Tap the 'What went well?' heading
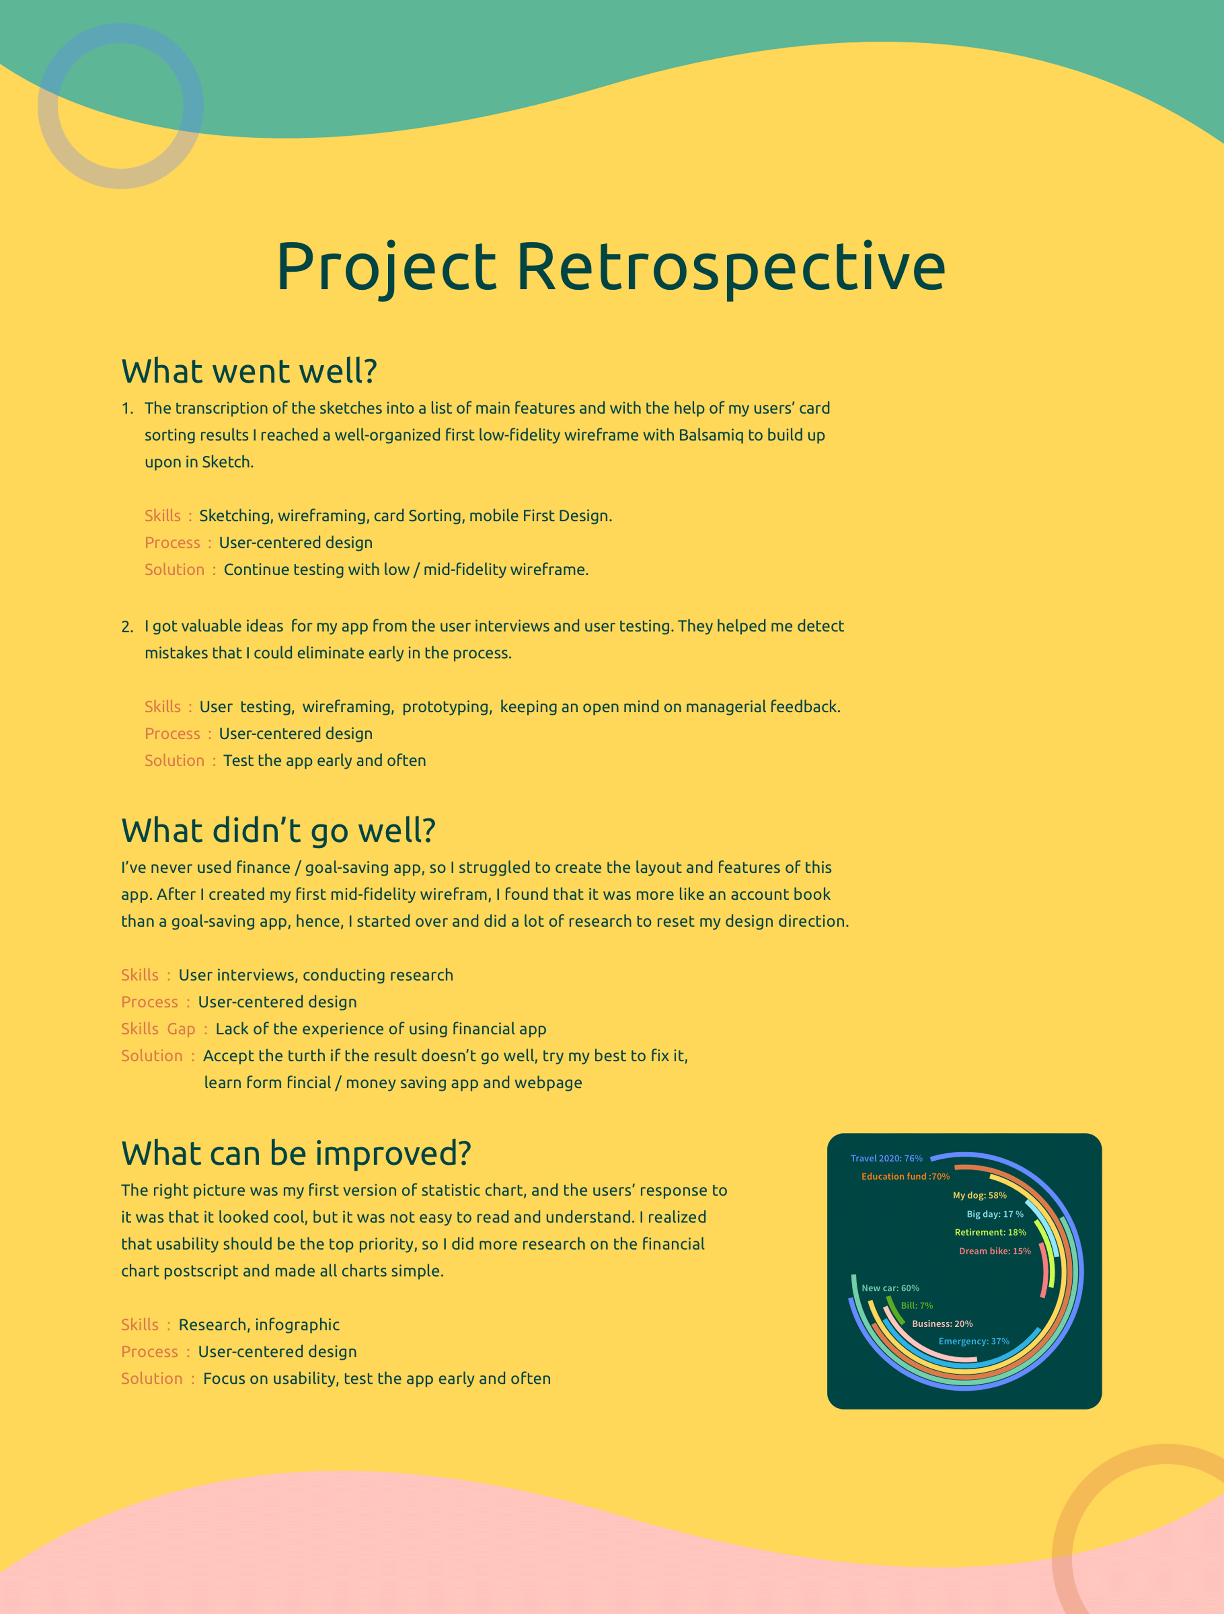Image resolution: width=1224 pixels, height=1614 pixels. coord(249,371)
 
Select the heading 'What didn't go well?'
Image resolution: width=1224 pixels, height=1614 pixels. coord(278,830)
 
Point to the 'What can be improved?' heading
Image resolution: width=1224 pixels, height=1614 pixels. coord(296,1153)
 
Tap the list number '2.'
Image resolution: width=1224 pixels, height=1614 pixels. coord(128,627)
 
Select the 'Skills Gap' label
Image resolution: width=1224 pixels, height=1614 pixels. coord(158,1029)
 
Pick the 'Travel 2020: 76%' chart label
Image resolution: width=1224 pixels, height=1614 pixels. coord(886,1158)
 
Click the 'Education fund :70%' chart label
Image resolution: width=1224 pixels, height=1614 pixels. coord(905,1176)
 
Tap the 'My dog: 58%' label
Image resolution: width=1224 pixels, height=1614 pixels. coord(980,1195)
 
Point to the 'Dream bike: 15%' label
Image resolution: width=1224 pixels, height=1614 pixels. coord(995,1251)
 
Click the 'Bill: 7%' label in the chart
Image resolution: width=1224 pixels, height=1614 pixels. coord(917,1306)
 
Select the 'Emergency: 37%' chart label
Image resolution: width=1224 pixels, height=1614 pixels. coord(974,1341)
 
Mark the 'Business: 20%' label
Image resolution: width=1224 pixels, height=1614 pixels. coord(942,1324)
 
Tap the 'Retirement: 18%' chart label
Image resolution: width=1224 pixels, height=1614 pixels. coord(990,1232)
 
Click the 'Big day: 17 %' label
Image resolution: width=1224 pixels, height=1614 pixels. coord(995,1214)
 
